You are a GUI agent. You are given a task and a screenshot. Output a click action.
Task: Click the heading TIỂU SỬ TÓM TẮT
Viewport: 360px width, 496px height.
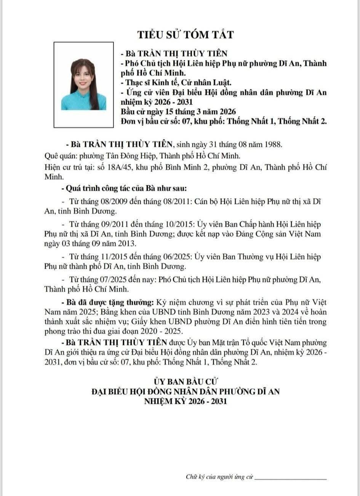[x=186, y=35]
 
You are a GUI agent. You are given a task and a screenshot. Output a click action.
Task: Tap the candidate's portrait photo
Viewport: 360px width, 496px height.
[x=84, y=85]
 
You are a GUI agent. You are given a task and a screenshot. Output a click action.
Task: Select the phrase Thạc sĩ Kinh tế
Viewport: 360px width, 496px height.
[x=145, y=82]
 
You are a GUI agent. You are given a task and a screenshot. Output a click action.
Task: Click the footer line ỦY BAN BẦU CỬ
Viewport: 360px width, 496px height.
[x=186, y=381]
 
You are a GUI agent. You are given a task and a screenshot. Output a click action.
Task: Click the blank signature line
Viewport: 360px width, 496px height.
[x=291, y=478]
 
